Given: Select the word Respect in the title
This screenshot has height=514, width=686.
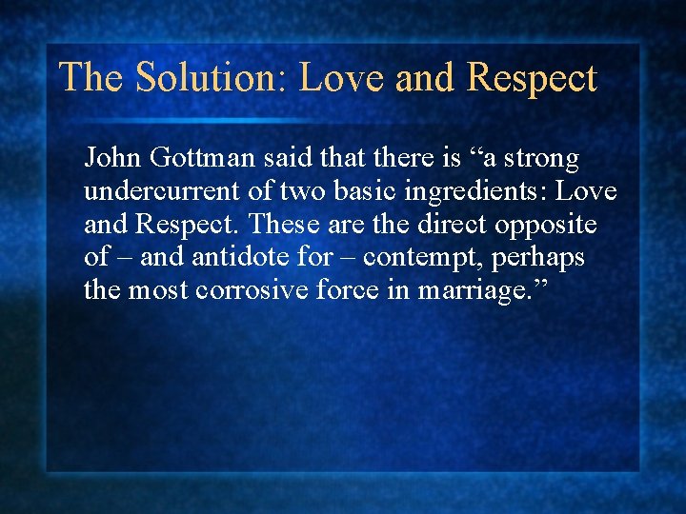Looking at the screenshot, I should [532, 78].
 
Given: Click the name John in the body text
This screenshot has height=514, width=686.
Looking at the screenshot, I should [112, 157].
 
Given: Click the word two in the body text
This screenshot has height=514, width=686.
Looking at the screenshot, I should [311, 191].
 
